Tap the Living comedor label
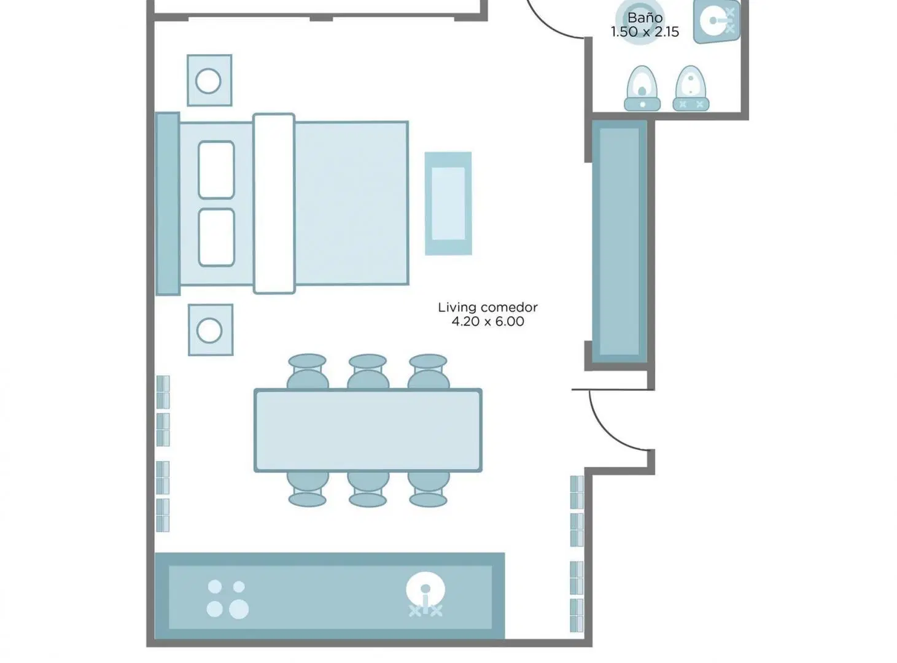click(487, 308)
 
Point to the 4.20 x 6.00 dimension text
click(487, 322)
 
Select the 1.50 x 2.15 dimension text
click(645, 31)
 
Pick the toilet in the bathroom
click(642, 88)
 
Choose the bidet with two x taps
click(691, 88)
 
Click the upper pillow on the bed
click(216, 170)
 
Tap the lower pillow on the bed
click(216, 238)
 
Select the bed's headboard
click(168, 204)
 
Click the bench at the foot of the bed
click(448, 203)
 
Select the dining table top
click(368, 430)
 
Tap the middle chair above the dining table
click(368, 372)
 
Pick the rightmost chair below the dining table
click(429, 489)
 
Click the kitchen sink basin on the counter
click(425, 590)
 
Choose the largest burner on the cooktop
click(239, 609)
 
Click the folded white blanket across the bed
click(274, 203)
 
